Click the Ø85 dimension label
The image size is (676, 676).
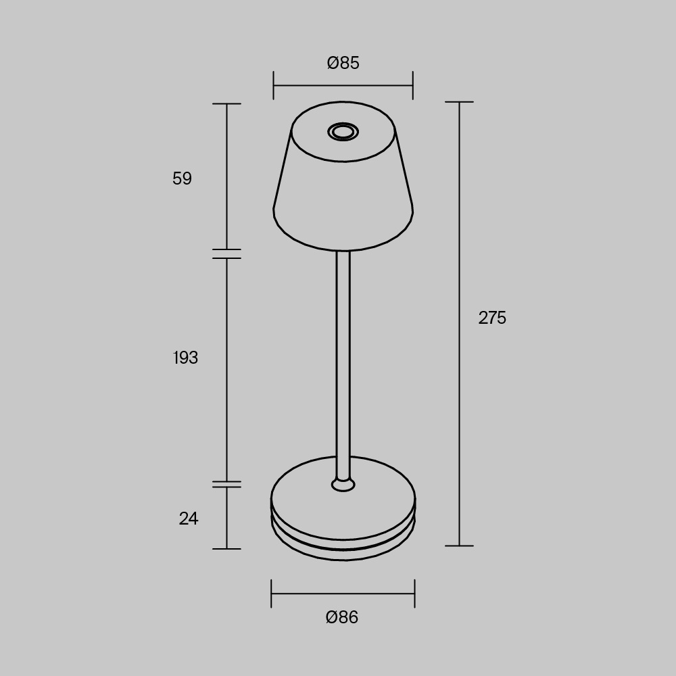point(343,63)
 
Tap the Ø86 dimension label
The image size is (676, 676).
point(342,617)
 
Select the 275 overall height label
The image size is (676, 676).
point(492,318)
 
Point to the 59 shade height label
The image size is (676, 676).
point(182,178)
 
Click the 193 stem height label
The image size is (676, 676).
point(185,358)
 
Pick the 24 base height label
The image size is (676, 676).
point(189,518)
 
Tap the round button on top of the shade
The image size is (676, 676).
point(343,132)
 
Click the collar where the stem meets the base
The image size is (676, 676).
point(343,484)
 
